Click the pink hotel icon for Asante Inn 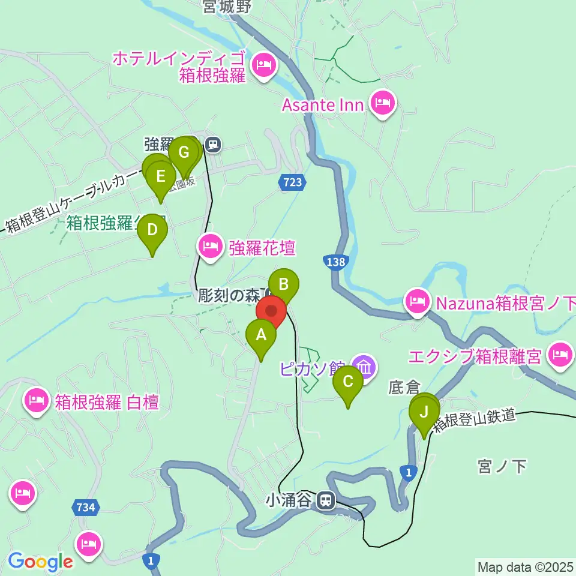click(x=382, y=103)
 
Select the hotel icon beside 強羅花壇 click(x=211, y=246)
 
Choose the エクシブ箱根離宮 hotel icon click(x=561, y=355)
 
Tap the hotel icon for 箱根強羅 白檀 click(x=37, y=400)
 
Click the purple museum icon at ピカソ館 click(x=364, y=365)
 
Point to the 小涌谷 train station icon click(x=326, y=499)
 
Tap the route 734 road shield click(x=85, y=508)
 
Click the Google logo click(x=40, y=562)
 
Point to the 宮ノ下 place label click(x=502, y=466)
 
